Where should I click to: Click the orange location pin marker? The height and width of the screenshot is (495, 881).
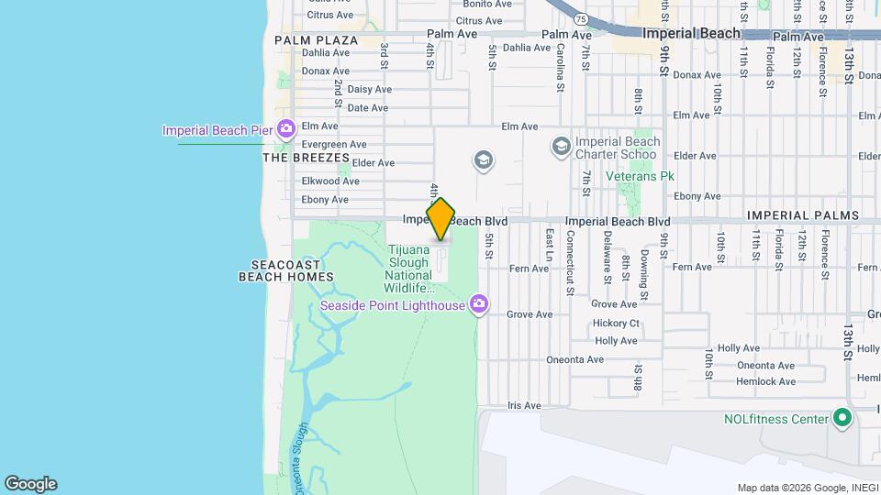coord(440,219)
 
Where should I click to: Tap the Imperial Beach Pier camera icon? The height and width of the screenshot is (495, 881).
coord(286,129)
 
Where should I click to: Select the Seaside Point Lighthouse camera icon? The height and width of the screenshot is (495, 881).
coord(477,304)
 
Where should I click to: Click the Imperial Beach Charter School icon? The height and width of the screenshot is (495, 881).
coord(560,147)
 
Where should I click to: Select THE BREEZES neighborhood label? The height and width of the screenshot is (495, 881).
coord(307,158)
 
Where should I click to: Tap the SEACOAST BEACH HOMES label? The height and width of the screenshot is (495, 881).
coord(285,270)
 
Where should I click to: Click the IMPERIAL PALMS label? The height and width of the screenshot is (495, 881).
coord(803,215)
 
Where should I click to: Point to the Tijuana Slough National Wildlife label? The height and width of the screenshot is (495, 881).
coord(409,269)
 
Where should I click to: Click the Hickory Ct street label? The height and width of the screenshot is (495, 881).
coord(616,323)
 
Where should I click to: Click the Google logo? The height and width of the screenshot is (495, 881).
coord(30,484)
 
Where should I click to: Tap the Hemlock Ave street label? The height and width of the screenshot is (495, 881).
coord(766,381)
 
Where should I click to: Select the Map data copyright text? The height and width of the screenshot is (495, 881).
coord(807,488)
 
